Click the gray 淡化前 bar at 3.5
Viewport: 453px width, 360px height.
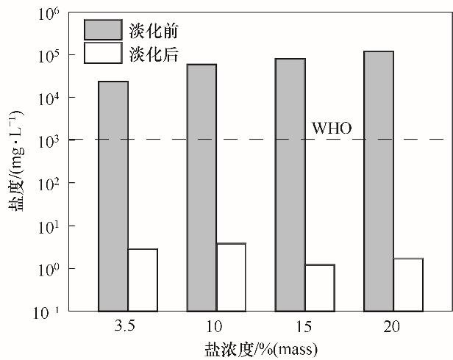(x=113, y=196)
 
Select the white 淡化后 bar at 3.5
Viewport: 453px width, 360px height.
(x=143, y=280)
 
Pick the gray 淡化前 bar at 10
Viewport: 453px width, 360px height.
(x=201, y=187)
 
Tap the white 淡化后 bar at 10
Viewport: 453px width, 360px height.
(x=231, y=277)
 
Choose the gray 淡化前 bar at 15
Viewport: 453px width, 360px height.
(x=290, y=184)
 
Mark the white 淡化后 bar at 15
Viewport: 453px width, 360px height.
(x=319, y=287)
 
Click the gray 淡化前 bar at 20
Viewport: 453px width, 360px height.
(x=378, y=181)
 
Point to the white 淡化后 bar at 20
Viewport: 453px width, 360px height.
(x=407, y=284)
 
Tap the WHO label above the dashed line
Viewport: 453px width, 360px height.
(x=332, y=129)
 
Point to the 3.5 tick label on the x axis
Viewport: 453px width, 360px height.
(x=128, y=324)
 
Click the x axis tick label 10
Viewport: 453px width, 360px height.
(x=216, y=324)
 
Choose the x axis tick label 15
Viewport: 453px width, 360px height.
(x=304, y=324)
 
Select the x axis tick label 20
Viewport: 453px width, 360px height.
(x=393, y=324)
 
